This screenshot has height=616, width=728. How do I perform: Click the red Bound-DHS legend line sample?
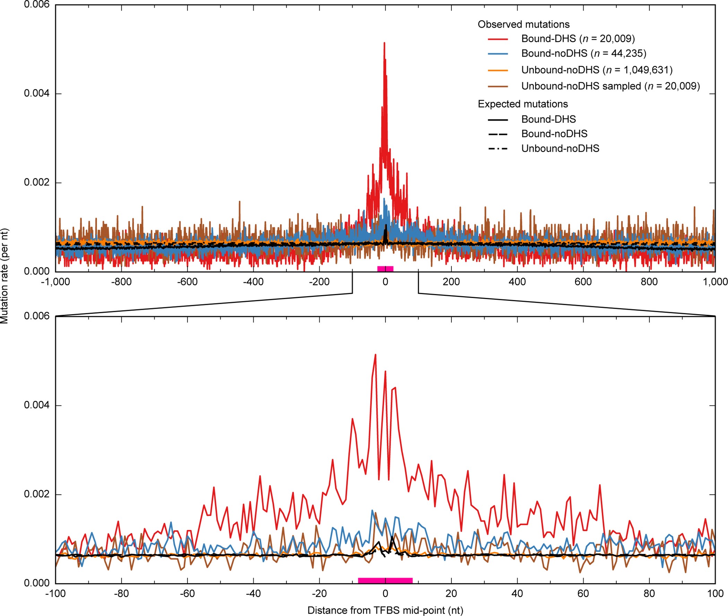click(x=498, y=39)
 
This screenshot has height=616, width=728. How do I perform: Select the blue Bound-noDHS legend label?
click(x=583, y=53)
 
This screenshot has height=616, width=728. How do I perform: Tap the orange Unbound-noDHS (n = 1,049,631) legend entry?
click(x=596, y=70)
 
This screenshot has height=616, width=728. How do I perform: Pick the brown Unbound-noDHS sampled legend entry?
click(x=610, y=86)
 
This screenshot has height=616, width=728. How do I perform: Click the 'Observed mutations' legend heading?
click(x=523, y=24)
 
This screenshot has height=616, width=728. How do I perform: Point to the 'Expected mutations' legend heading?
click(x=522, y=104)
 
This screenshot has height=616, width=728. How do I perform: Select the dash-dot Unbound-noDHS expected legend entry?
click(x=560, y=148)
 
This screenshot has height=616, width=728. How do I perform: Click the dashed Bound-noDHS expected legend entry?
click(x=554, y=134)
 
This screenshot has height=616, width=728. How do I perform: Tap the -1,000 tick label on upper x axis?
click(x=55, y=282)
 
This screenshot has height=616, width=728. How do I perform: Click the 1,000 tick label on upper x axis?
click(x=715, y=282)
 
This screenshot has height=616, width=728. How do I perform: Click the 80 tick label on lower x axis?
click(x=649, y=593)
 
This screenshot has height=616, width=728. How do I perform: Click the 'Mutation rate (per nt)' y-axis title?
click(x=5, y=276)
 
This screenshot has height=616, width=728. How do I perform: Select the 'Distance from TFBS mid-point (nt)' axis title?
click(x=385, y=610)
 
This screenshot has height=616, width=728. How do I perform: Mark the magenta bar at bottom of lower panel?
click(x=385, y=580)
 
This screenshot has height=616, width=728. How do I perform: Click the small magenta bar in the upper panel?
click(x=385, y=268)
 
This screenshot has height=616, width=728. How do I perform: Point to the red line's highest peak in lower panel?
click(x=375, y=355)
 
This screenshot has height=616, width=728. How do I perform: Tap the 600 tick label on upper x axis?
click(x=583, y=282)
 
